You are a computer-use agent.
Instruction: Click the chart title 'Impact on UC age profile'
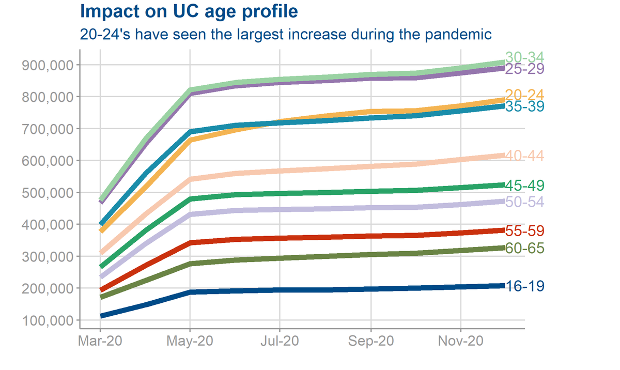189,11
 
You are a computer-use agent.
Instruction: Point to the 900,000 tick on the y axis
47,65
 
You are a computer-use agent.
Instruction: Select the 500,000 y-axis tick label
47,193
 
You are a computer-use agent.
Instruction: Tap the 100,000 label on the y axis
47,320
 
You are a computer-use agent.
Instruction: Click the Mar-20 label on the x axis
100,342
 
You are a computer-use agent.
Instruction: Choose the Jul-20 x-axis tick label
280,342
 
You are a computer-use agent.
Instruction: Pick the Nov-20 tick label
460,342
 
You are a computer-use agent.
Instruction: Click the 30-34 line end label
524,57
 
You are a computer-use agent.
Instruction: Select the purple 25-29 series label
524,69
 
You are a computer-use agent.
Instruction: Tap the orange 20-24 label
524,95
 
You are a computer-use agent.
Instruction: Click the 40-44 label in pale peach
524,156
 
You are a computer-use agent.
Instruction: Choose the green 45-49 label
524,186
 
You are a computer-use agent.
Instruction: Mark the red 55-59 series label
524,231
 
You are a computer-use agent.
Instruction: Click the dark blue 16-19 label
524,286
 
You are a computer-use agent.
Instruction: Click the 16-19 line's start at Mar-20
101,315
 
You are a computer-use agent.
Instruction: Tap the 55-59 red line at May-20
190,242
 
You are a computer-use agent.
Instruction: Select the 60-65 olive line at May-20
190,264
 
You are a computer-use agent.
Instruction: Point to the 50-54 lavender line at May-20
190,214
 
